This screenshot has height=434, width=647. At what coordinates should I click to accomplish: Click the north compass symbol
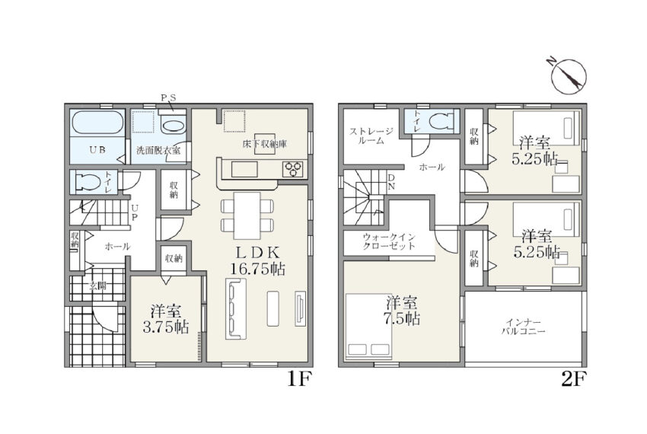coord(568,75)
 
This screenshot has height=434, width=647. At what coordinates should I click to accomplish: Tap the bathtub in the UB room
coord(97,123)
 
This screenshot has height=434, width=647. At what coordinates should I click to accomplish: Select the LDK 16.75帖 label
coord(258,260)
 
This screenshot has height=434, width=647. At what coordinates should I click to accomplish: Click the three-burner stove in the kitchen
coord(294,169)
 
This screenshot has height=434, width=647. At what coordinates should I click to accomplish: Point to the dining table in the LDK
coord(247,215)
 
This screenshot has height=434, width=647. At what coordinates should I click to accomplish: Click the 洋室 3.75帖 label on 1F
coord(166,318)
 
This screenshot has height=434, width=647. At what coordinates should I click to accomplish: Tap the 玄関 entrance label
coord(97,286)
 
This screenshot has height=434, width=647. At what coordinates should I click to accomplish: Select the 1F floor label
coord(298,378)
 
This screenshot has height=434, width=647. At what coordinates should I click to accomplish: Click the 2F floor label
coord(574,378)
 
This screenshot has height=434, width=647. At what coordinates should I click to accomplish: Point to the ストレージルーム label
coord(371,136)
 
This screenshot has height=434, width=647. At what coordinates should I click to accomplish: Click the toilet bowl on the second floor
coord(441,121)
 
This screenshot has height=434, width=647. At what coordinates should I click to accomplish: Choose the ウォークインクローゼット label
coord(389,241)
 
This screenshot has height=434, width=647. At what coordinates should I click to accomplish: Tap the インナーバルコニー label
coord(524,327)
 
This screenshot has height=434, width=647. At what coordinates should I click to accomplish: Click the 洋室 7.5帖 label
coord(403,311)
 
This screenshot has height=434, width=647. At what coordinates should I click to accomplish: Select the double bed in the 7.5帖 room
coord(368,327)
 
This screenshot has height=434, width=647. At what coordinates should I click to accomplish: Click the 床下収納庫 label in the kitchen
coord(264,145)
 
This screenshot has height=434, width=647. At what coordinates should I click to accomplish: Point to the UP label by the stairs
coord(135,212)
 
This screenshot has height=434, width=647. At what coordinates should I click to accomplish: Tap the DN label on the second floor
coord(391,182)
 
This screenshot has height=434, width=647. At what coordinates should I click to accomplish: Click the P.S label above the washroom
coord(168,98)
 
